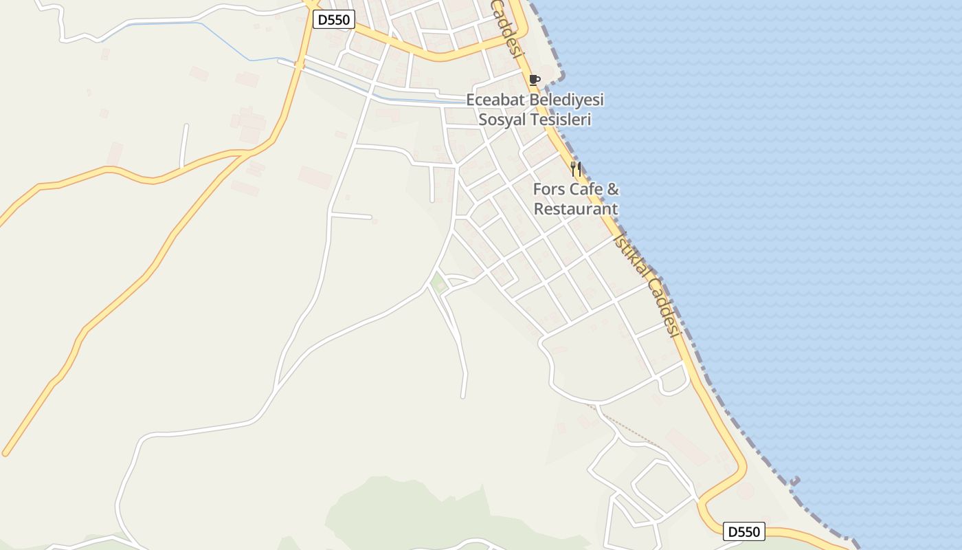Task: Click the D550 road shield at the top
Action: tap(334, 20)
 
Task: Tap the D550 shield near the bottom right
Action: tap(744, 531)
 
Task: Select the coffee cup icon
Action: tap(535, 80)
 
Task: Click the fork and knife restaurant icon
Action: tap(576, 169)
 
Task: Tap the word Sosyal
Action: tap(502, 120)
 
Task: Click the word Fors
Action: tap(548, 189)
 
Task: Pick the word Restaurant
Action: tap(576, 209)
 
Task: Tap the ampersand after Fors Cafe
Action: tap(614, 189)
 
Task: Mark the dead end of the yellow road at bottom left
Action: tap(5, 453)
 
